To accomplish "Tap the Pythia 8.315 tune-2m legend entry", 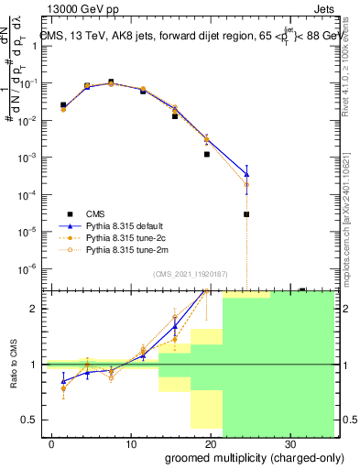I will (x=128, y=248).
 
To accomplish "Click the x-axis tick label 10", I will (x=131, y=442).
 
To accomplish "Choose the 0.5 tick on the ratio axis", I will (x=30, y=420).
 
